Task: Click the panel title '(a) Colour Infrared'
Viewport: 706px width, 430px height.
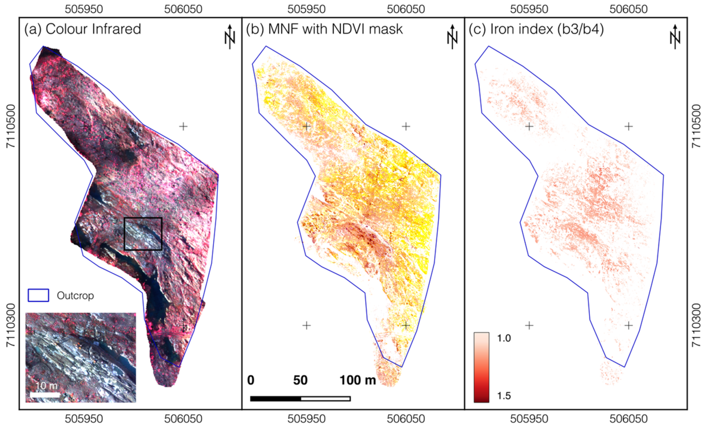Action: click(x=82, y=29)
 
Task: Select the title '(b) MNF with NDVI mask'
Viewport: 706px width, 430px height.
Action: click(x=324, y=29)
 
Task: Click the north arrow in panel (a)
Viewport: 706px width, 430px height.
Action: click(x=230, y=37)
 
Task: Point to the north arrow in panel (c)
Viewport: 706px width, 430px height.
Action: click(x=675, y=37)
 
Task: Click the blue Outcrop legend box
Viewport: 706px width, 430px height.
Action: click(x=38, y=295)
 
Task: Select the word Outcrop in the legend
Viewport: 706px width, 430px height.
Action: click(x=75, y=296)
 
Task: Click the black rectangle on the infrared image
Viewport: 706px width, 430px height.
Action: click(x=143, y=234)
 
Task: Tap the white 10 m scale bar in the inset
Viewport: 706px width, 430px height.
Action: click(x=45, y=395)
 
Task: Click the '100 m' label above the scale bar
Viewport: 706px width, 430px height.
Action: click(x=358, y=380)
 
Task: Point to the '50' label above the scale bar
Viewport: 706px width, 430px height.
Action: click(x=300, y=380)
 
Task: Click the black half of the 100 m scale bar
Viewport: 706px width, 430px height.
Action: click(x=275, y=399)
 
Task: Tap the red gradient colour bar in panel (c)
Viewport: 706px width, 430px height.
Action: click(x=481, y=367)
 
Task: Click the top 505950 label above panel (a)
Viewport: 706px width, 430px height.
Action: click(x=84, y=9)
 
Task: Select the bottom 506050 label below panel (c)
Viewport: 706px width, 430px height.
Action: click(x=628, y=419)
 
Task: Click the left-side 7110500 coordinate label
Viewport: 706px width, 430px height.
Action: click(x=11, y=126)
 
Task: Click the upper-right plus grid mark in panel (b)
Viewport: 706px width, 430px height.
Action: click(x=406, y=126)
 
